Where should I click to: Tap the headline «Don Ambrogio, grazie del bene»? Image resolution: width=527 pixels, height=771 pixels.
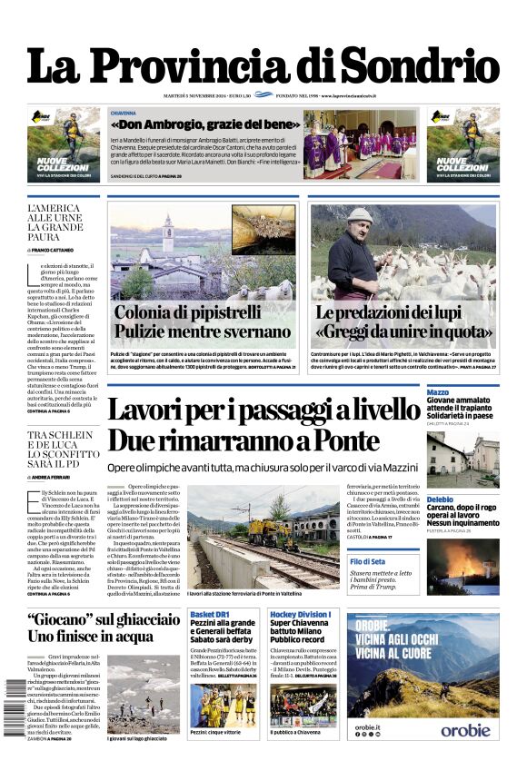click(x=205, y=124)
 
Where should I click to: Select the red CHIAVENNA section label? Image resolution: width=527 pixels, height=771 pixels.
click(x=124, y=113)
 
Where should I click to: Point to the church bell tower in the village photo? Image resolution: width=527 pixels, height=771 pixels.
click(x=168, y=233)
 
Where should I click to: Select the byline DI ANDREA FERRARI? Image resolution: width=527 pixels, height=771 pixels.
click(x=54, y=477)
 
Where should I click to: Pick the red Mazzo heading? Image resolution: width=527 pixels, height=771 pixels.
click(x=438, y=391)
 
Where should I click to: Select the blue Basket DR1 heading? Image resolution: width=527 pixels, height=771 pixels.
click(x=209, y=616)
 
